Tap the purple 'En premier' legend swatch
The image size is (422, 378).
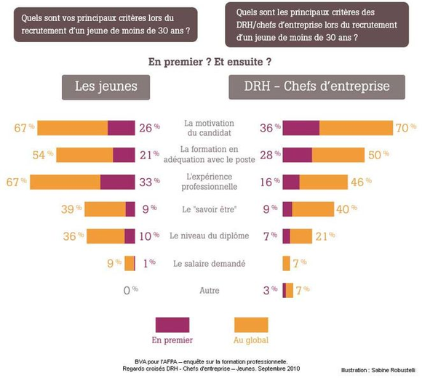coord(172,324)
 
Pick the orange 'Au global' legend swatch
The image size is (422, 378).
coord(250,324)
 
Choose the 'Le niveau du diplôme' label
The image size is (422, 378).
coord(209,236)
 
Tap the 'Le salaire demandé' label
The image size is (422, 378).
coord(209,263)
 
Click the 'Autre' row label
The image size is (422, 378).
coord(209,290)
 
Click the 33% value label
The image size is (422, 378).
coord(148,182)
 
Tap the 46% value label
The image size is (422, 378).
coord(360,182)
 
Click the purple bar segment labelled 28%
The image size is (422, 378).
coord(297,155)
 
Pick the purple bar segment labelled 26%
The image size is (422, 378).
coord(121,128)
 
